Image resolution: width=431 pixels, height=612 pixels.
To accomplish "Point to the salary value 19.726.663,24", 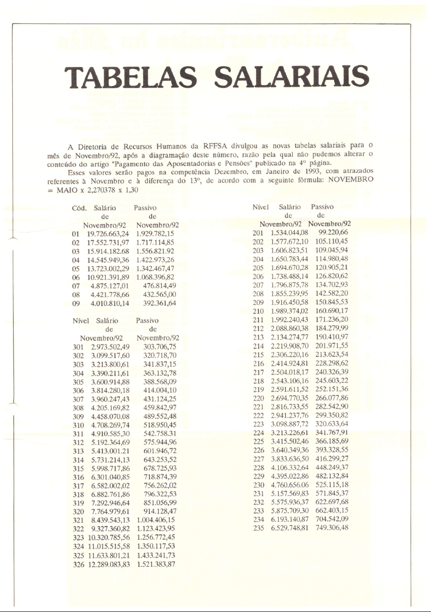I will pos(108,234).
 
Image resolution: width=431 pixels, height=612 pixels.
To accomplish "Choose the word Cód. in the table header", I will pos(78,208).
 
